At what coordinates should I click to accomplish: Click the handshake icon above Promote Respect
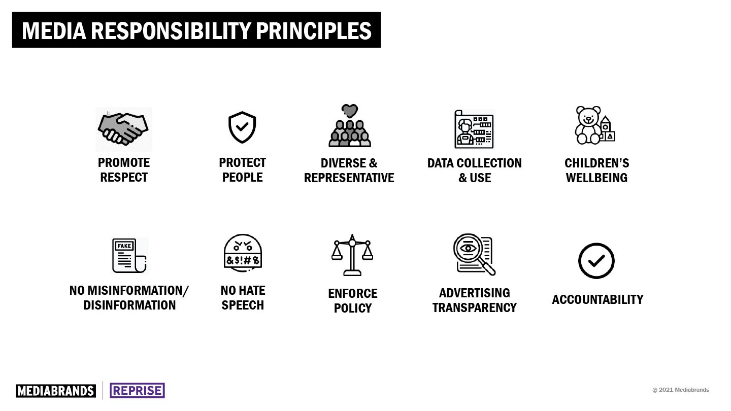tap(123, 129)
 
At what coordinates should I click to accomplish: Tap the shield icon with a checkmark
tap(242, 127)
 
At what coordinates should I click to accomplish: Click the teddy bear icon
tap(588, 125)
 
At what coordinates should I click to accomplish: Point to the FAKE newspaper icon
tap(129, 256)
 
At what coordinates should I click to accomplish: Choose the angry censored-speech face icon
tap(243, 252)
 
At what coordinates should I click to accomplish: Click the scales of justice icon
tap(352, 255)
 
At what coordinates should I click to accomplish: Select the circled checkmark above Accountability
tap(596, 261)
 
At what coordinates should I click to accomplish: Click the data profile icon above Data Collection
tap(474, 129)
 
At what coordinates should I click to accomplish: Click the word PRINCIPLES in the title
tap(314, 31)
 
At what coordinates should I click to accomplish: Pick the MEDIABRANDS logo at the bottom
tap(56, 391)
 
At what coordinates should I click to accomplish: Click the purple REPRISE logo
tap(138, 391)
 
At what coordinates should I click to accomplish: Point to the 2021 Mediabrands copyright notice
tap(681, 390)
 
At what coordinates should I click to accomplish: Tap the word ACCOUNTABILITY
tap(597, 299)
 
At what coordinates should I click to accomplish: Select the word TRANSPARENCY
tap(475, 307)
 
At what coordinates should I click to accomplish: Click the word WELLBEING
tap(596, 178)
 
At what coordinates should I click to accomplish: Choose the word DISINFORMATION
tap(129, 305)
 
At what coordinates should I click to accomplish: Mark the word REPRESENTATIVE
tap(349, 178)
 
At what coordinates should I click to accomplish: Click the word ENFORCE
tap(353, 294)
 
